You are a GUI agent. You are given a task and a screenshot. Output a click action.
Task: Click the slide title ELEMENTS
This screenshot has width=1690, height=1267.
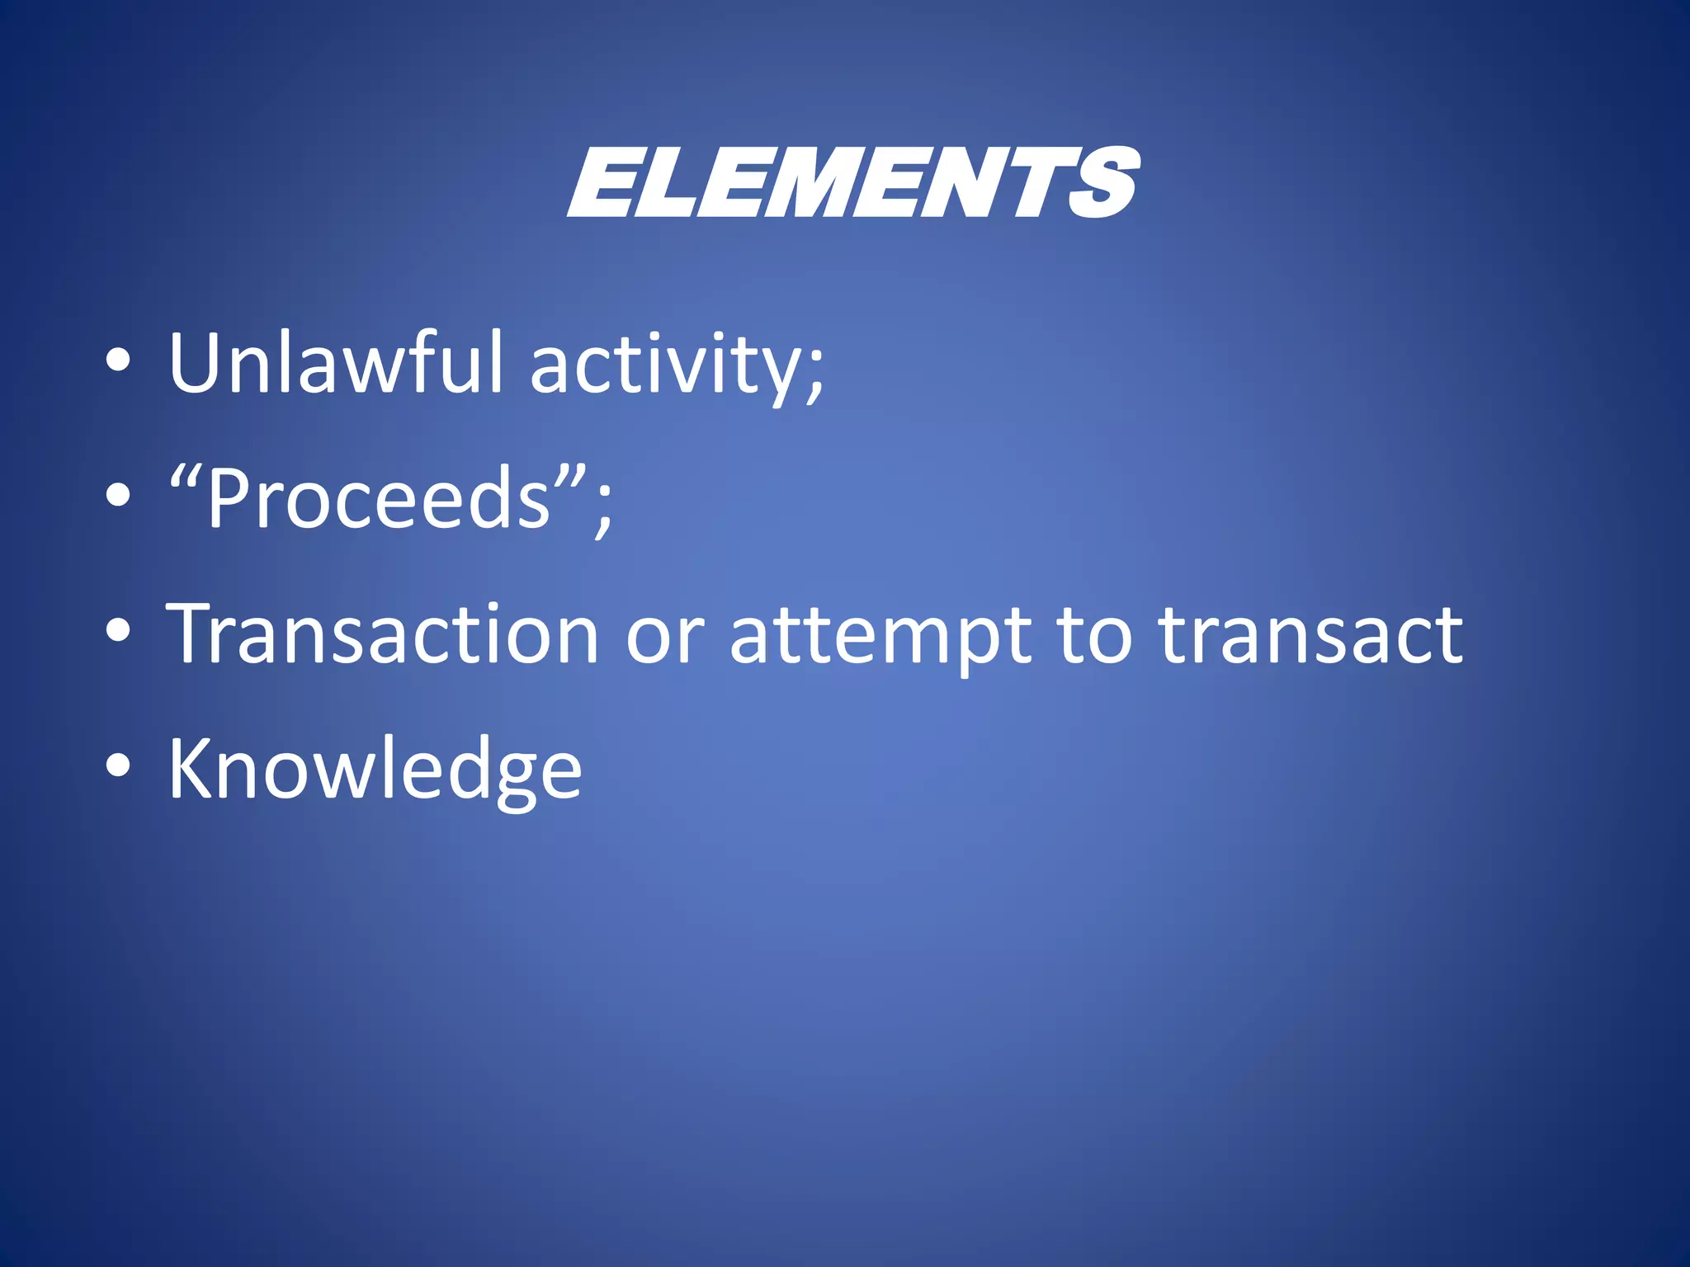click(x=853, y=183)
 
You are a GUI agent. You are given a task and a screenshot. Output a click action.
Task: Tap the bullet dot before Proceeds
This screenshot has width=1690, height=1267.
click(x=118, y=495)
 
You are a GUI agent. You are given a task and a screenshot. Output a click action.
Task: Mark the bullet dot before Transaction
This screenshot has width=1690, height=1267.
click(x=118, y=630)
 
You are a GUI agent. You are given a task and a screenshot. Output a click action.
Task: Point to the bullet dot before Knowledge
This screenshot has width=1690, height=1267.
click(x=118, y=765)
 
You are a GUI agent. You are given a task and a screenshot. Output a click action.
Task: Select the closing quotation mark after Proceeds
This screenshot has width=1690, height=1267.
click(x=572, y=476)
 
